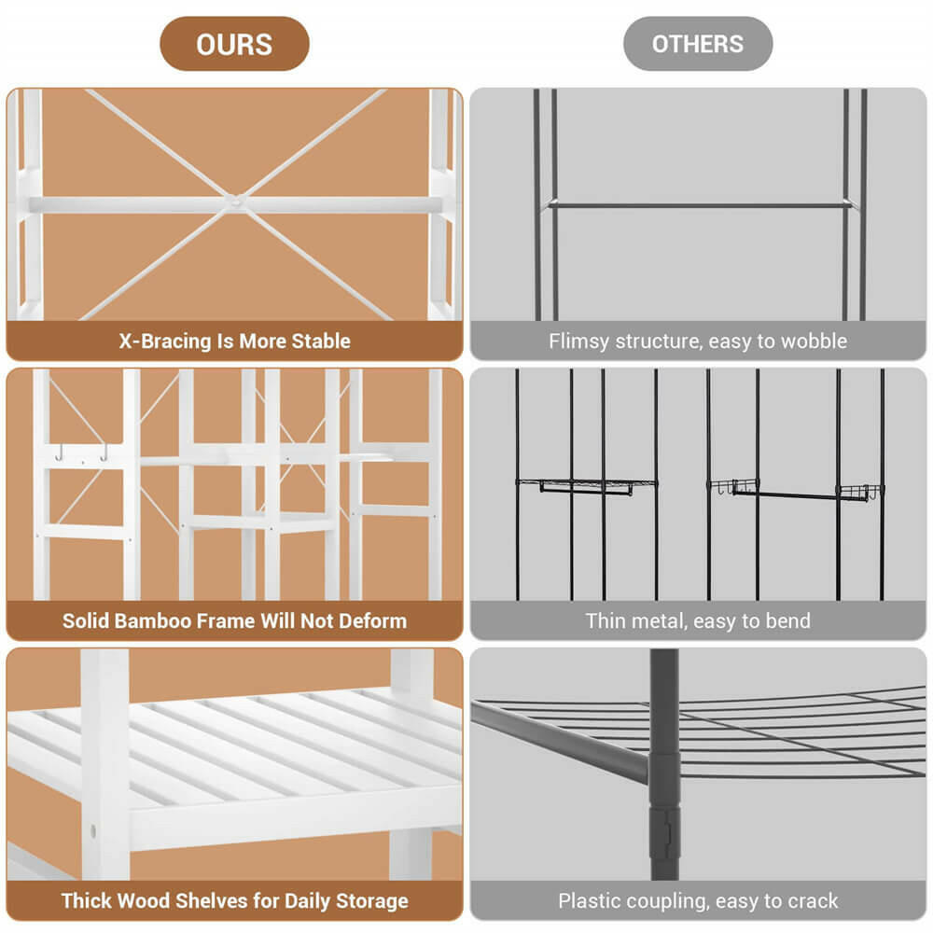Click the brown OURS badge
[x=234, y=44]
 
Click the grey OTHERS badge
[x=698, y=44]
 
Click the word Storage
[x=372, y=901]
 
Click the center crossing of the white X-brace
[x=236, y=202]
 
